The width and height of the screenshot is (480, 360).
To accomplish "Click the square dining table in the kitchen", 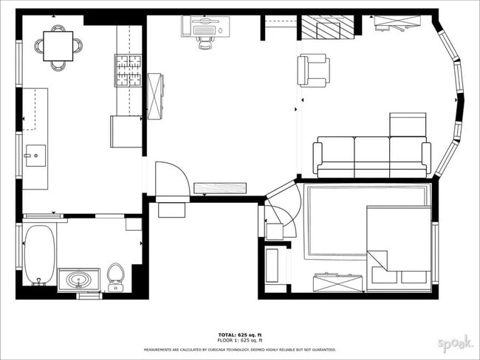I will click(58, 46).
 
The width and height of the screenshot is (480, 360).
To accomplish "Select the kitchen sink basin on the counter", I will click(35, 155).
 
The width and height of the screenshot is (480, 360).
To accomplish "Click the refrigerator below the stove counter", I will click(126, 131).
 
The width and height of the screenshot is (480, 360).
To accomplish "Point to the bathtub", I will click(39, 255).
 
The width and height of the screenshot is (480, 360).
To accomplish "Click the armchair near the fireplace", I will click(312, 70).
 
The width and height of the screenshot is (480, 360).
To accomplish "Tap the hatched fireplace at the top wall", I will click(326, 29).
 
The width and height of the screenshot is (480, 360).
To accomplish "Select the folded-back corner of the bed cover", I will click(377, 260).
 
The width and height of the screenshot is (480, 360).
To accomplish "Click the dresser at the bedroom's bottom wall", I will click(337, 282).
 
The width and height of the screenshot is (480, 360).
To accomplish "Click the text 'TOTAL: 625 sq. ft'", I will click(239, 334).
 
